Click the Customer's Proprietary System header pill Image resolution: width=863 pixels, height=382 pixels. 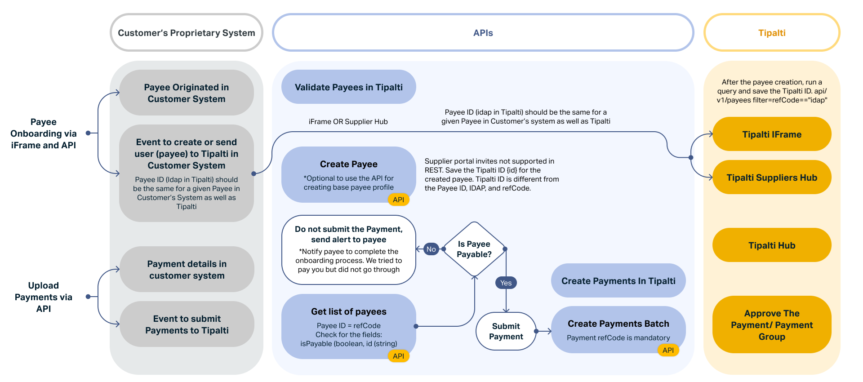(186, 33)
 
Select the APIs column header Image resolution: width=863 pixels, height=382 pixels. (483, 33)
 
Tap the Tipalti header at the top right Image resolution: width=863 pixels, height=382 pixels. (771, 33)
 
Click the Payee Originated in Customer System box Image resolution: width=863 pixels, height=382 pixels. (186, 93)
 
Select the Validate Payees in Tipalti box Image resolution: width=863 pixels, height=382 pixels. (348, 87)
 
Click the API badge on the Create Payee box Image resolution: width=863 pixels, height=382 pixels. (398, 200)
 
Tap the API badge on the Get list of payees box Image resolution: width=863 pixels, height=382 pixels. (398, 356)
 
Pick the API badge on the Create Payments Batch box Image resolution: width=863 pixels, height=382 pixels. (668, 350)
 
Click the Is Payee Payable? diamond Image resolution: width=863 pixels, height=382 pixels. (474, 249)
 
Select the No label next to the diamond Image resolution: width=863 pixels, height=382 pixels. (431, 249)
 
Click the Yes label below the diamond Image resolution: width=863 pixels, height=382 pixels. (506, 283)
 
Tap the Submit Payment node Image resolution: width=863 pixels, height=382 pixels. (506, 331)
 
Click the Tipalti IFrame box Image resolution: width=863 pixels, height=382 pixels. (771, 134)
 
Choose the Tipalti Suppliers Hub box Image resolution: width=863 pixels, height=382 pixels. (771, 178)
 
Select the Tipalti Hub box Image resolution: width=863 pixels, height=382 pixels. (771, 245)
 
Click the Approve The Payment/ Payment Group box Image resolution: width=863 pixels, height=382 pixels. (771, 324)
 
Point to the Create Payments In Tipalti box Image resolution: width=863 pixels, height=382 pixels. (618, 281)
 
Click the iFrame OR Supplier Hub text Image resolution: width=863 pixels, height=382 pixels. (348, 122)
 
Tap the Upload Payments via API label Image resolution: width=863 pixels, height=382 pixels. (44, 297)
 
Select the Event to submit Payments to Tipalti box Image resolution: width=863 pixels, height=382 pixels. (187, 324)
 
